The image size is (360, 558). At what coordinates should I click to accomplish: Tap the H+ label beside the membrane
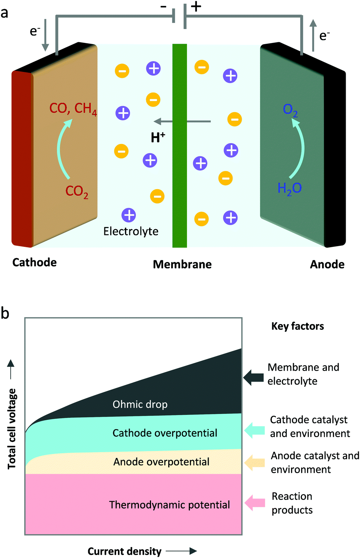click(x=158, y=137)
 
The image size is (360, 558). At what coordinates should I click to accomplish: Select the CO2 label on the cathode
click(x=77, y=191)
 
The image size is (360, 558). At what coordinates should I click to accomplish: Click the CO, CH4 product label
click(x=73, y=109)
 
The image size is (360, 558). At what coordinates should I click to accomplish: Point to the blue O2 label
click(x=290, y=110)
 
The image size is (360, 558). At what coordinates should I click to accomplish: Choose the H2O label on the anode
click(x=289, y=188)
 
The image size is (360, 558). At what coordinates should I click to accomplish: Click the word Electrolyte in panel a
click(x=131, y=231)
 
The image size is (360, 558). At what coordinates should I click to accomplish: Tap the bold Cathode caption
click(x=35, y=262)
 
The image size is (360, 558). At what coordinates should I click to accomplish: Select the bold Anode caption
click(x=327, y=264)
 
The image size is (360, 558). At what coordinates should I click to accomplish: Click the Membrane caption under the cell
click(x=182, y=264)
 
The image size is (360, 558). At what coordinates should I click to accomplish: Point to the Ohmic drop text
click(x=140, y=404)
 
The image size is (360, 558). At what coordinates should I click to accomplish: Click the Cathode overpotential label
click(x=165, y=433)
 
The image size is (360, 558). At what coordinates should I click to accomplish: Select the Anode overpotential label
click(x=161, y=462)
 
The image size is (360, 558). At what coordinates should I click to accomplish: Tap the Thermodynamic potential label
click(x=169, y=505)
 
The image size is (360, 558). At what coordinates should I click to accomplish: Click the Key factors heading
click(x=298, y=326)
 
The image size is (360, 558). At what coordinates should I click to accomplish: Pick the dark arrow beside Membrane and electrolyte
click(x=253, y=377)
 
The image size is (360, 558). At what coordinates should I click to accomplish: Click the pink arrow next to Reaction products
click(x=255, y=503)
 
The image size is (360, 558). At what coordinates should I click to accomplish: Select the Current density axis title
click(x=125, y=551)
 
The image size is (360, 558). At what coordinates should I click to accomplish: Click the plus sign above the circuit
click(x=196, y=7)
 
